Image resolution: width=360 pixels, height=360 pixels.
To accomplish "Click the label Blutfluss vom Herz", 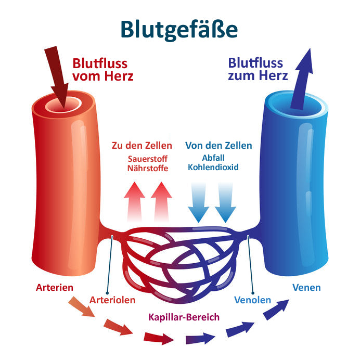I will (x=103, y=70).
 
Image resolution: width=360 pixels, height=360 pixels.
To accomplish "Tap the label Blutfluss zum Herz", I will (x=258, y=70).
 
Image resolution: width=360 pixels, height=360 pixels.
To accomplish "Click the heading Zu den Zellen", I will (x=141, y=146).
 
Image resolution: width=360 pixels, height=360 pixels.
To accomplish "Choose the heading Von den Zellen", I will (x=218, y=146).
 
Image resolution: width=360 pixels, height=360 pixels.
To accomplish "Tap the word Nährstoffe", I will (x=148, y=168).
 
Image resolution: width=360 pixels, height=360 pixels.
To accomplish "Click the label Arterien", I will (x=55, y=288).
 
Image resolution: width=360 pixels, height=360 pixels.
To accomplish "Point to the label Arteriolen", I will (x=112, y=300).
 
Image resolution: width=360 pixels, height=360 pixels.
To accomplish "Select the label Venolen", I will (x=253, y=300).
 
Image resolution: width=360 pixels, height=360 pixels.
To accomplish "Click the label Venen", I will (x=306, y=287).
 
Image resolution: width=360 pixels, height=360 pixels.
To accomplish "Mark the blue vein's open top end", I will (x=297, y=102).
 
